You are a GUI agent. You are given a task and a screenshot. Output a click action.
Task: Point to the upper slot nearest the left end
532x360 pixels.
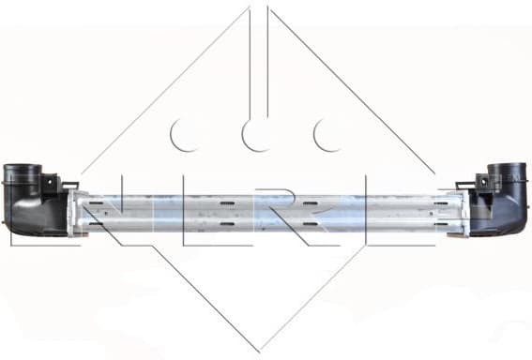[x=99, y=200]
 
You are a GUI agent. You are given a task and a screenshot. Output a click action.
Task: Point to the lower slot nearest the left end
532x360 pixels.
[x=99, y=225]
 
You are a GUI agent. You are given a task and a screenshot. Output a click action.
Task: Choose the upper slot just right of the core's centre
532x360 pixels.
[x=311, y=200]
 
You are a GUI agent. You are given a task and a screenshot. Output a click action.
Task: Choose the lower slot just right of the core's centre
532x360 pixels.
[x=311, y=225]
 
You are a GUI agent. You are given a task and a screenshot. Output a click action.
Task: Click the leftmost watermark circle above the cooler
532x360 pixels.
[x=185, y=135]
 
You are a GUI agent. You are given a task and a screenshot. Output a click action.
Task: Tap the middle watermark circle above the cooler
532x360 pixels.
[x=257, y=135]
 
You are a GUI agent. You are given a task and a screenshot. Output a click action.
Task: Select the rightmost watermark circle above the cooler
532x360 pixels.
[x=329, y=135]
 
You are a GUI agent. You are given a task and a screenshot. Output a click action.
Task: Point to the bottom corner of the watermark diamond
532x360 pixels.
[x=259, y=350]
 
